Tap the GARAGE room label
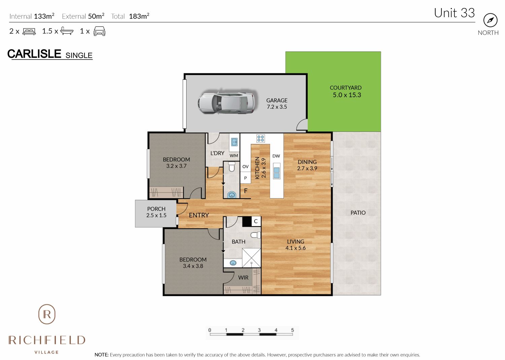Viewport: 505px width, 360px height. (x=277, y=100)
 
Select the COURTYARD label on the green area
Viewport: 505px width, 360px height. (x=346, y=87)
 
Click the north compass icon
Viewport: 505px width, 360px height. (x=490, y=20)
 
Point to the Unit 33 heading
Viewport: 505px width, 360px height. (x=454, y=13)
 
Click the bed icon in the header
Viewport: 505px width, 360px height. (x=29, y=31)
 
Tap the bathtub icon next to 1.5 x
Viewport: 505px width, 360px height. (x=67, y=31)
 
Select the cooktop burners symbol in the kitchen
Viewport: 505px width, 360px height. (x=261, y=138)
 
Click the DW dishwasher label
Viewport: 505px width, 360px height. (x=276, y=156)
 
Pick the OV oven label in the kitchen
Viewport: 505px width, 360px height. (x=245, y=167)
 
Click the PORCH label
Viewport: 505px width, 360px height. (x=156, y=209)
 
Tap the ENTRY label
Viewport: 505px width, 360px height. (x=199, y=215)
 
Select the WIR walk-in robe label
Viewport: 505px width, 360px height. (x=243, y=278)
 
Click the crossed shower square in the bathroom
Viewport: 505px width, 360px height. (x=251, y=258)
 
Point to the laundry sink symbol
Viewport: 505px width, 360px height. (x=234, y=142)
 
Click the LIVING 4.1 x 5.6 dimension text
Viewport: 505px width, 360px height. (x=296, y=248)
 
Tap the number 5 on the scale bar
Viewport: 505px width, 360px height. (x=293, y=330)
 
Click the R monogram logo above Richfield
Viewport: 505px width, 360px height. (x=47, y=314)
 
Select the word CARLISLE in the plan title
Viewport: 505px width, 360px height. (x=34, y=54)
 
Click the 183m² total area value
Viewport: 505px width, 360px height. (x=139, y=16)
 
